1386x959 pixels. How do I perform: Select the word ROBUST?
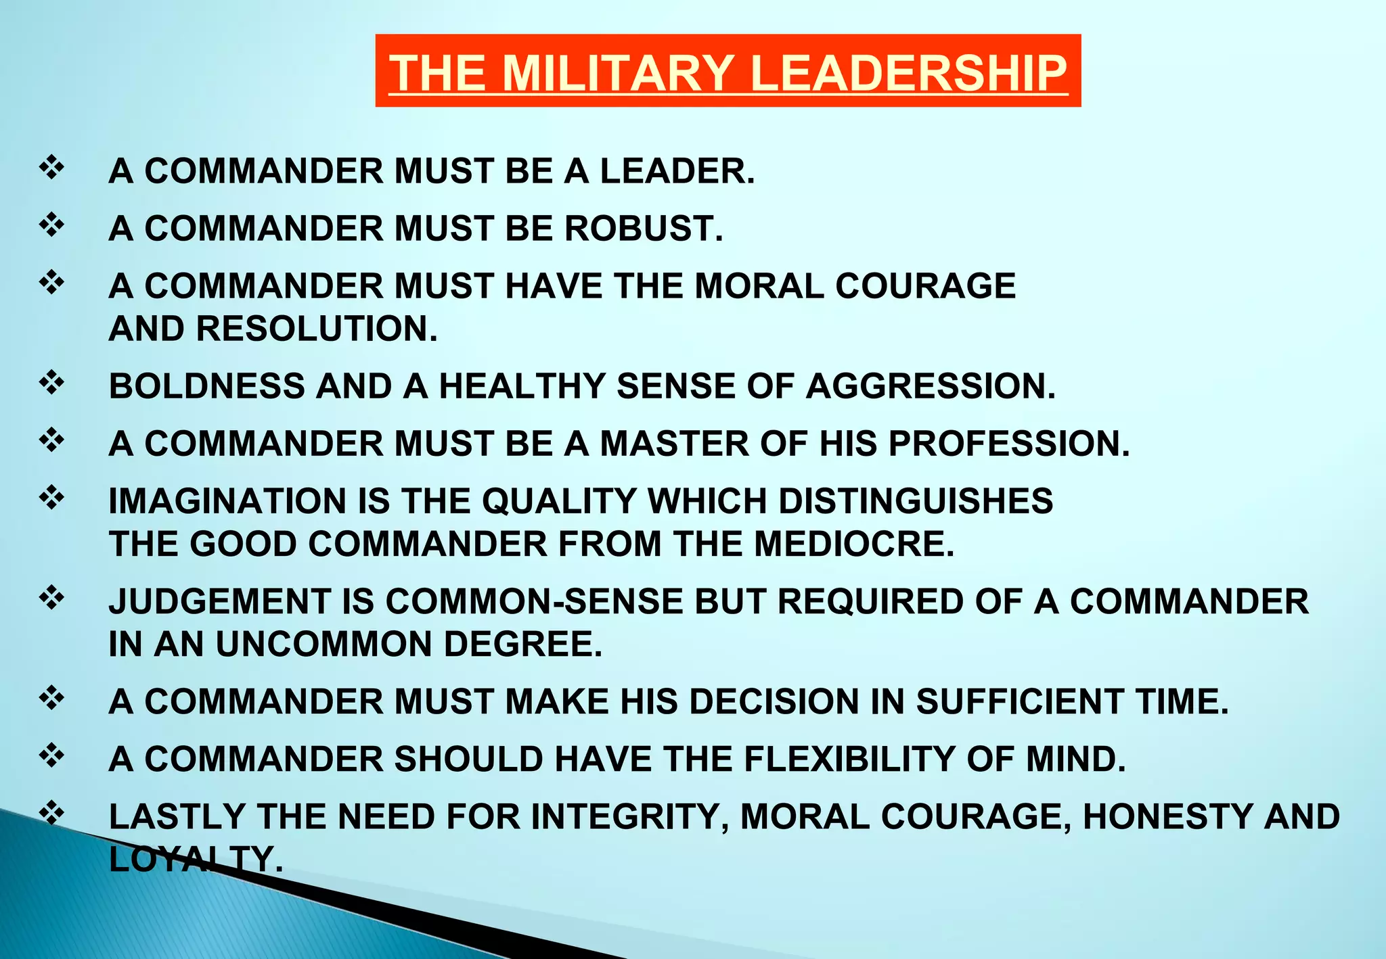coord(644,229)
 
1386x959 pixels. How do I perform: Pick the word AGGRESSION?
coord(931,387)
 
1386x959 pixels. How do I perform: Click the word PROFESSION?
coord(1008,444)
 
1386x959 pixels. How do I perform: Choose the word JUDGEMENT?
coord(220,602)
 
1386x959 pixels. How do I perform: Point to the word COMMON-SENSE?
coord(535,602)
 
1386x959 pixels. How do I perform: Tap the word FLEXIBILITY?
coord(849,759)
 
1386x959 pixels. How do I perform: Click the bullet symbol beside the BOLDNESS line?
coord(52,383)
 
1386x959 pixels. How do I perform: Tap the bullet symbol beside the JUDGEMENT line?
coord(52,598)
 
